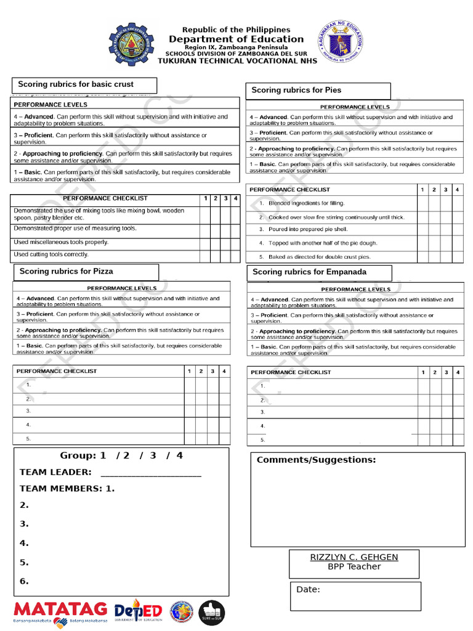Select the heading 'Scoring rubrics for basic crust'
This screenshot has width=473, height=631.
tap(76, 84)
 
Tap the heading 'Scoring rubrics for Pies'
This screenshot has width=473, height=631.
tap(296, 90)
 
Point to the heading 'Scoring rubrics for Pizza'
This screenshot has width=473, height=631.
tap(67, 271)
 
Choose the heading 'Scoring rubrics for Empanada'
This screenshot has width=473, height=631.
tap(309, 272)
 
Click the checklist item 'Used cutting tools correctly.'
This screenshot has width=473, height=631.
tap(51, 254)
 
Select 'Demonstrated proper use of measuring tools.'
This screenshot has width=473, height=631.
tap(75, 229)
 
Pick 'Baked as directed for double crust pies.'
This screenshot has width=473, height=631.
tap(320, 257)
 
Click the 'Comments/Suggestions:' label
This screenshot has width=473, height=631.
tap(316, 460)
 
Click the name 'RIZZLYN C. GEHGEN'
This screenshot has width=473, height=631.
tap(354, 557)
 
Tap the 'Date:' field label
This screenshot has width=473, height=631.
tap(308, 590)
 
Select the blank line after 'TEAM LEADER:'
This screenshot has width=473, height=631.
tap(150, 473)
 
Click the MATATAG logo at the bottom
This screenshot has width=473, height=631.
tap(60, 612)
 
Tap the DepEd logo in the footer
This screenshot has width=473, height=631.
tap(138, 611)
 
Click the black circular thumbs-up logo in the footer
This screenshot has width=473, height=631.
tap(211, 613)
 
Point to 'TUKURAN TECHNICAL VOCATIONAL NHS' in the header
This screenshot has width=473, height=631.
tap(237, 60)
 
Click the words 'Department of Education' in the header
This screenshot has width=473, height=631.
tap(236, 39)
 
